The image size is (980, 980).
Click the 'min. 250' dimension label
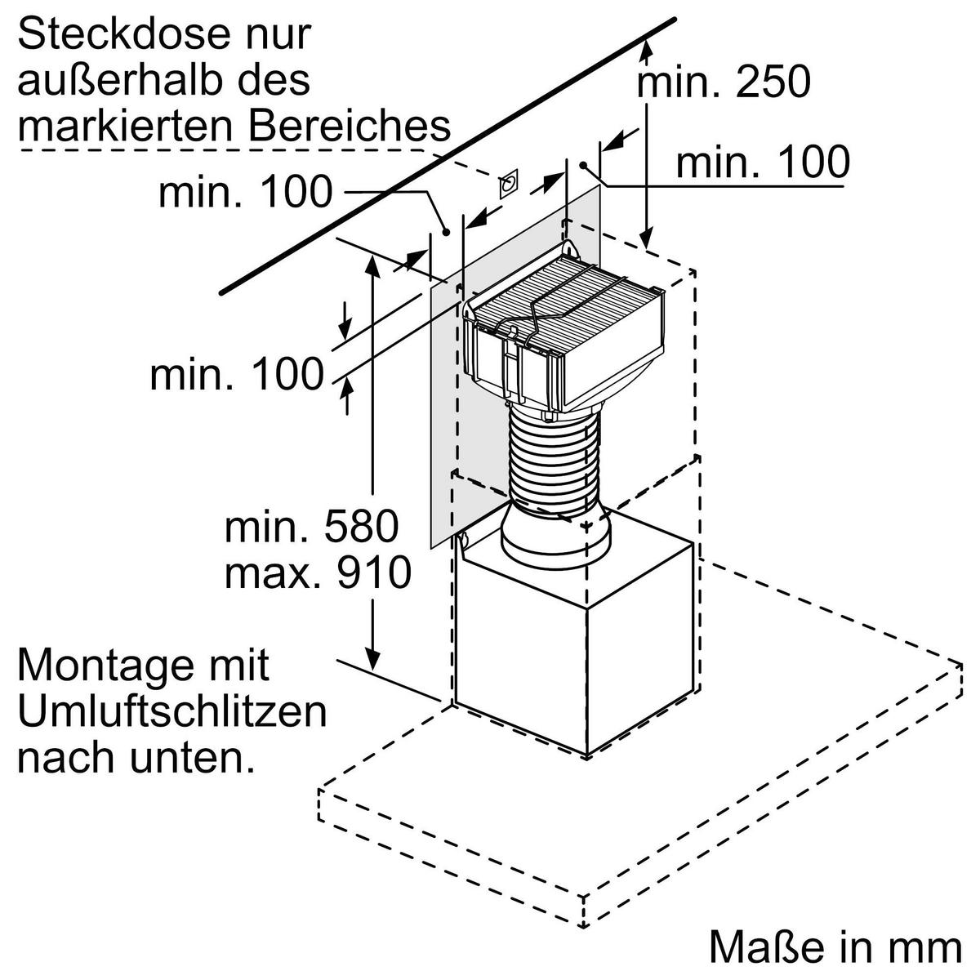(723, 83)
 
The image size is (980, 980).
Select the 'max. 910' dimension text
(318, 572)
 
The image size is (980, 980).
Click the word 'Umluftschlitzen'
(171, 712)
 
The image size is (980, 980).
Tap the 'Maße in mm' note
(835, 947)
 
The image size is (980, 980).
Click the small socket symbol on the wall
(509, 185)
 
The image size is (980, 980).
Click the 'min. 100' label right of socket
(763, 163)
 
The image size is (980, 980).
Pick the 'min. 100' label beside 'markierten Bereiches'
(246, 192)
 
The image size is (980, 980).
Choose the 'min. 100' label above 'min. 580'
(237, 375)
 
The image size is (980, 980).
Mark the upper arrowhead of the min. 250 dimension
(647, 50)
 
